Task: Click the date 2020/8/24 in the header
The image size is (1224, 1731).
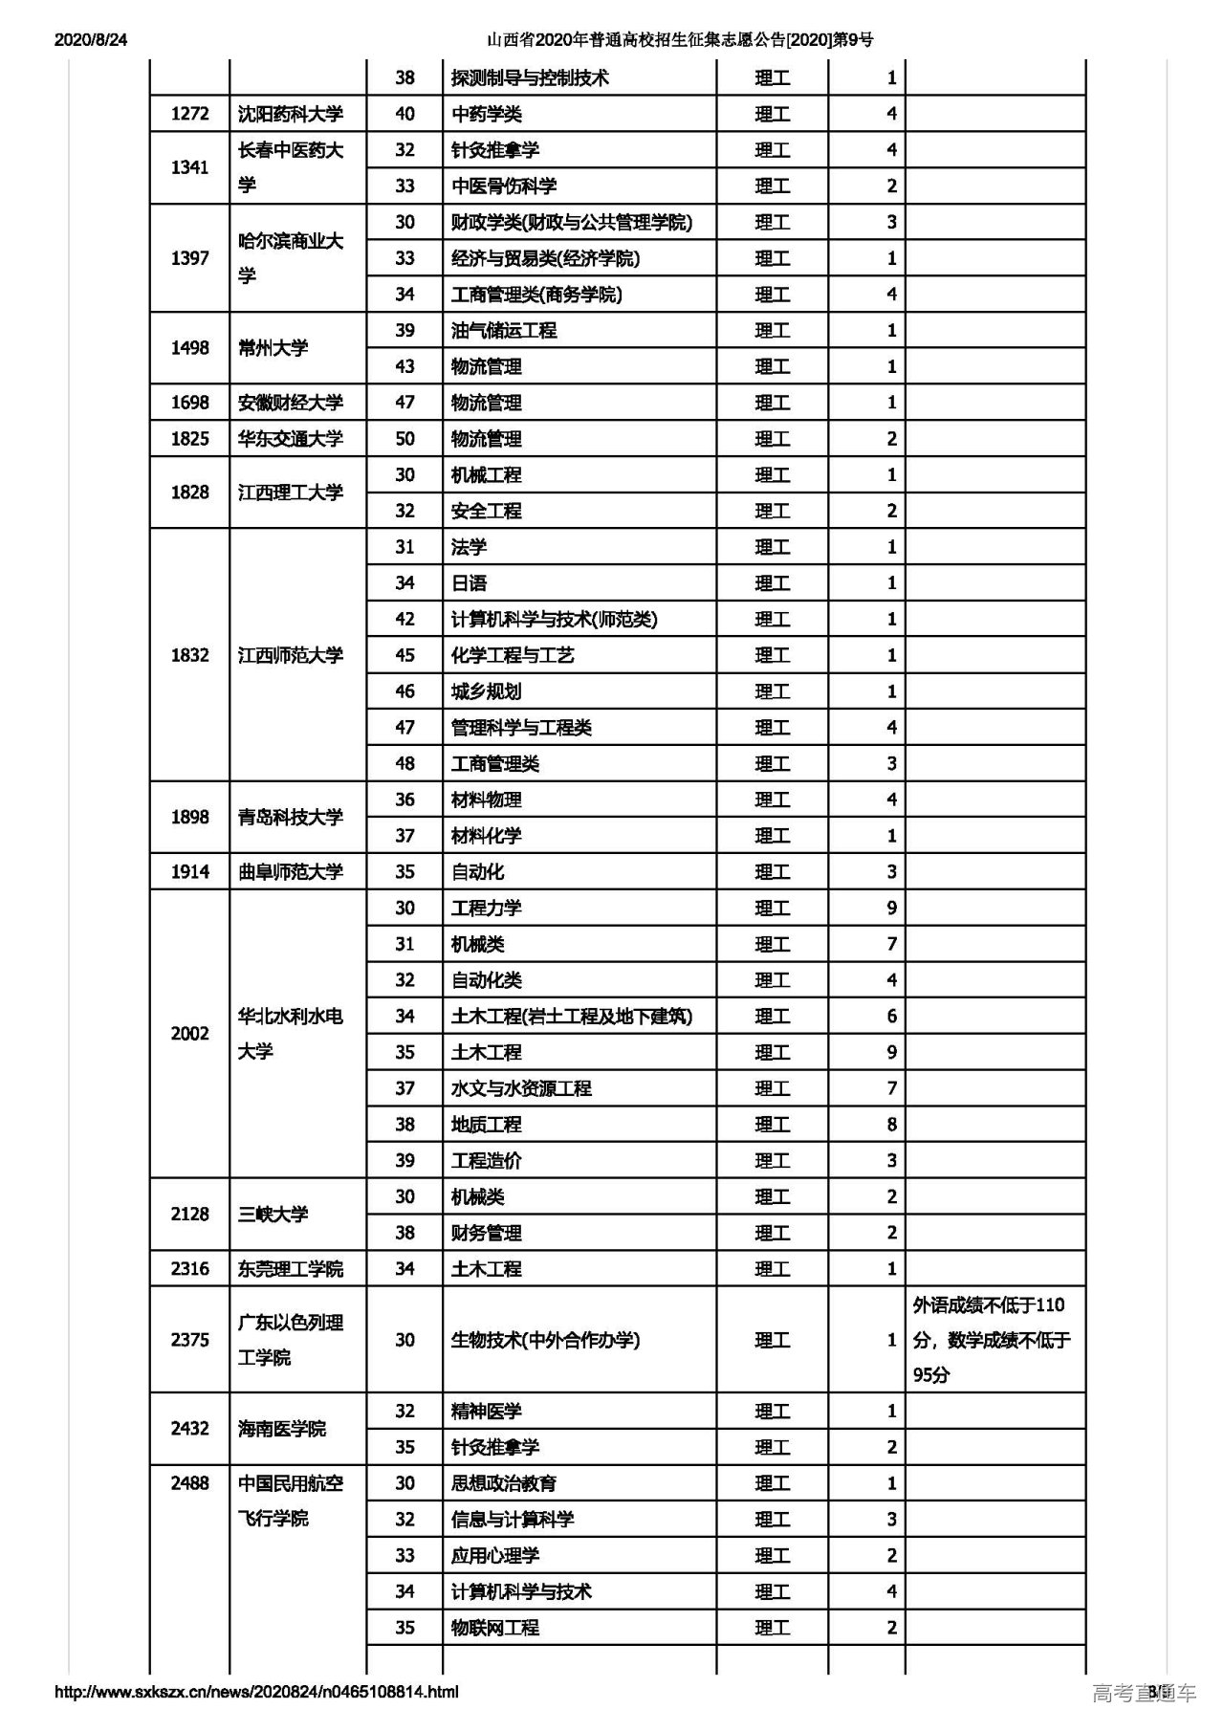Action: pos(91,39)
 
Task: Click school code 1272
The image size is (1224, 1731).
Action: pos(189,114)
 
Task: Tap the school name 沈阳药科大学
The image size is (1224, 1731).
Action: pos(290,114)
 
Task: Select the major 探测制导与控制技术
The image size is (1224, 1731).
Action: pos(530,77)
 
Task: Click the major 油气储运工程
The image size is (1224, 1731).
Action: pos(504,330)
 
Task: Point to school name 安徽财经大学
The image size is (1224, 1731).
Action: pos(290,403)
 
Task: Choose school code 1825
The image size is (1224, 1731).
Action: pos(189,439)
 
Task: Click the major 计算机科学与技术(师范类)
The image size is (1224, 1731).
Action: pos(554,619)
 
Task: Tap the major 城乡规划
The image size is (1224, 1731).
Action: pos(486,691)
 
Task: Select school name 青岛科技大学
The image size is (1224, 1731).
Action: pos(290,817)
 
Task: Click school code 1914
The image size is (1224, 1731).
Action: pos(189,871)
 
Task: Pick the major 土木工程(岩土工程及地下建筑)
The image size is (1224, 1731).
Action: pos(571,1016)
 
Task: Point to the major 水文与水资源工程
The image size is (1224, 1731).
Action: pos(521,1088)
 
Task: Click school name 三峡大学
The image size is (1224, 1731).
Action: pos(273,1214)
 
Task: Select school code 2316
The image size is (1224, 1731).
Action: pos(189,1268)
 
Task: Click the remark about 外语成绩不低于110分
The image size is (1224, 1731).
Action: pos(992,1339)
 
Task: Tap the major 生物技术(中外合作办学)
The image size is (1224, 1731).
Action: pos(545,1340)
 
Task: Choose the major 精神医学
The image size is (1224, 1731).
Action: pos(486,1411)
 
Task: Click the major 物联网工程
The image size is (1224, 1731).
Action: pos(494,1627)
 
